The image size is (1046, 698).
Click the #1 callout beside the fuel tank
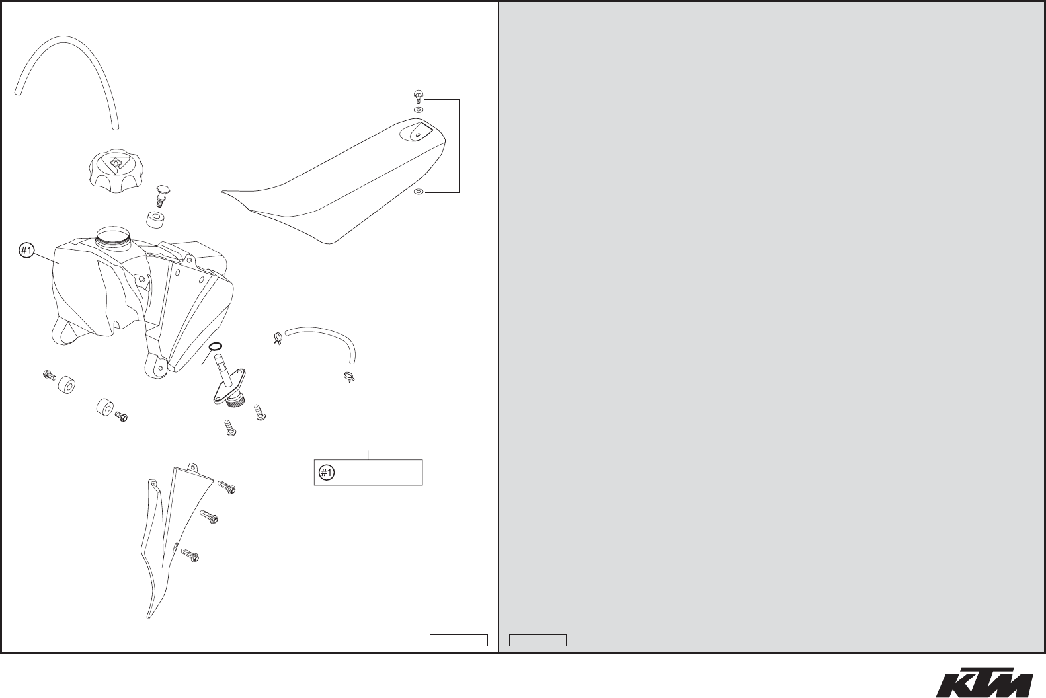pos(26,251)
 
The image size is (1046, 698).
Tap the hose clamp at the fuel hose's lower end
pos(349,379)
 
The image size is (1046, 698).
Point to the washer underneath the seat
pos(418,192)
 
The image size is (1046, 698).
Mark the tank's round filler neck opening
pos(113,233)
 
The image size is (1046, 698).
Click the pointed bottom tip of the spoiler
pos(149,616)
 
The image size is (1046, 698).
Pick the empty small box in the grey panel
pos(538,640)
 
